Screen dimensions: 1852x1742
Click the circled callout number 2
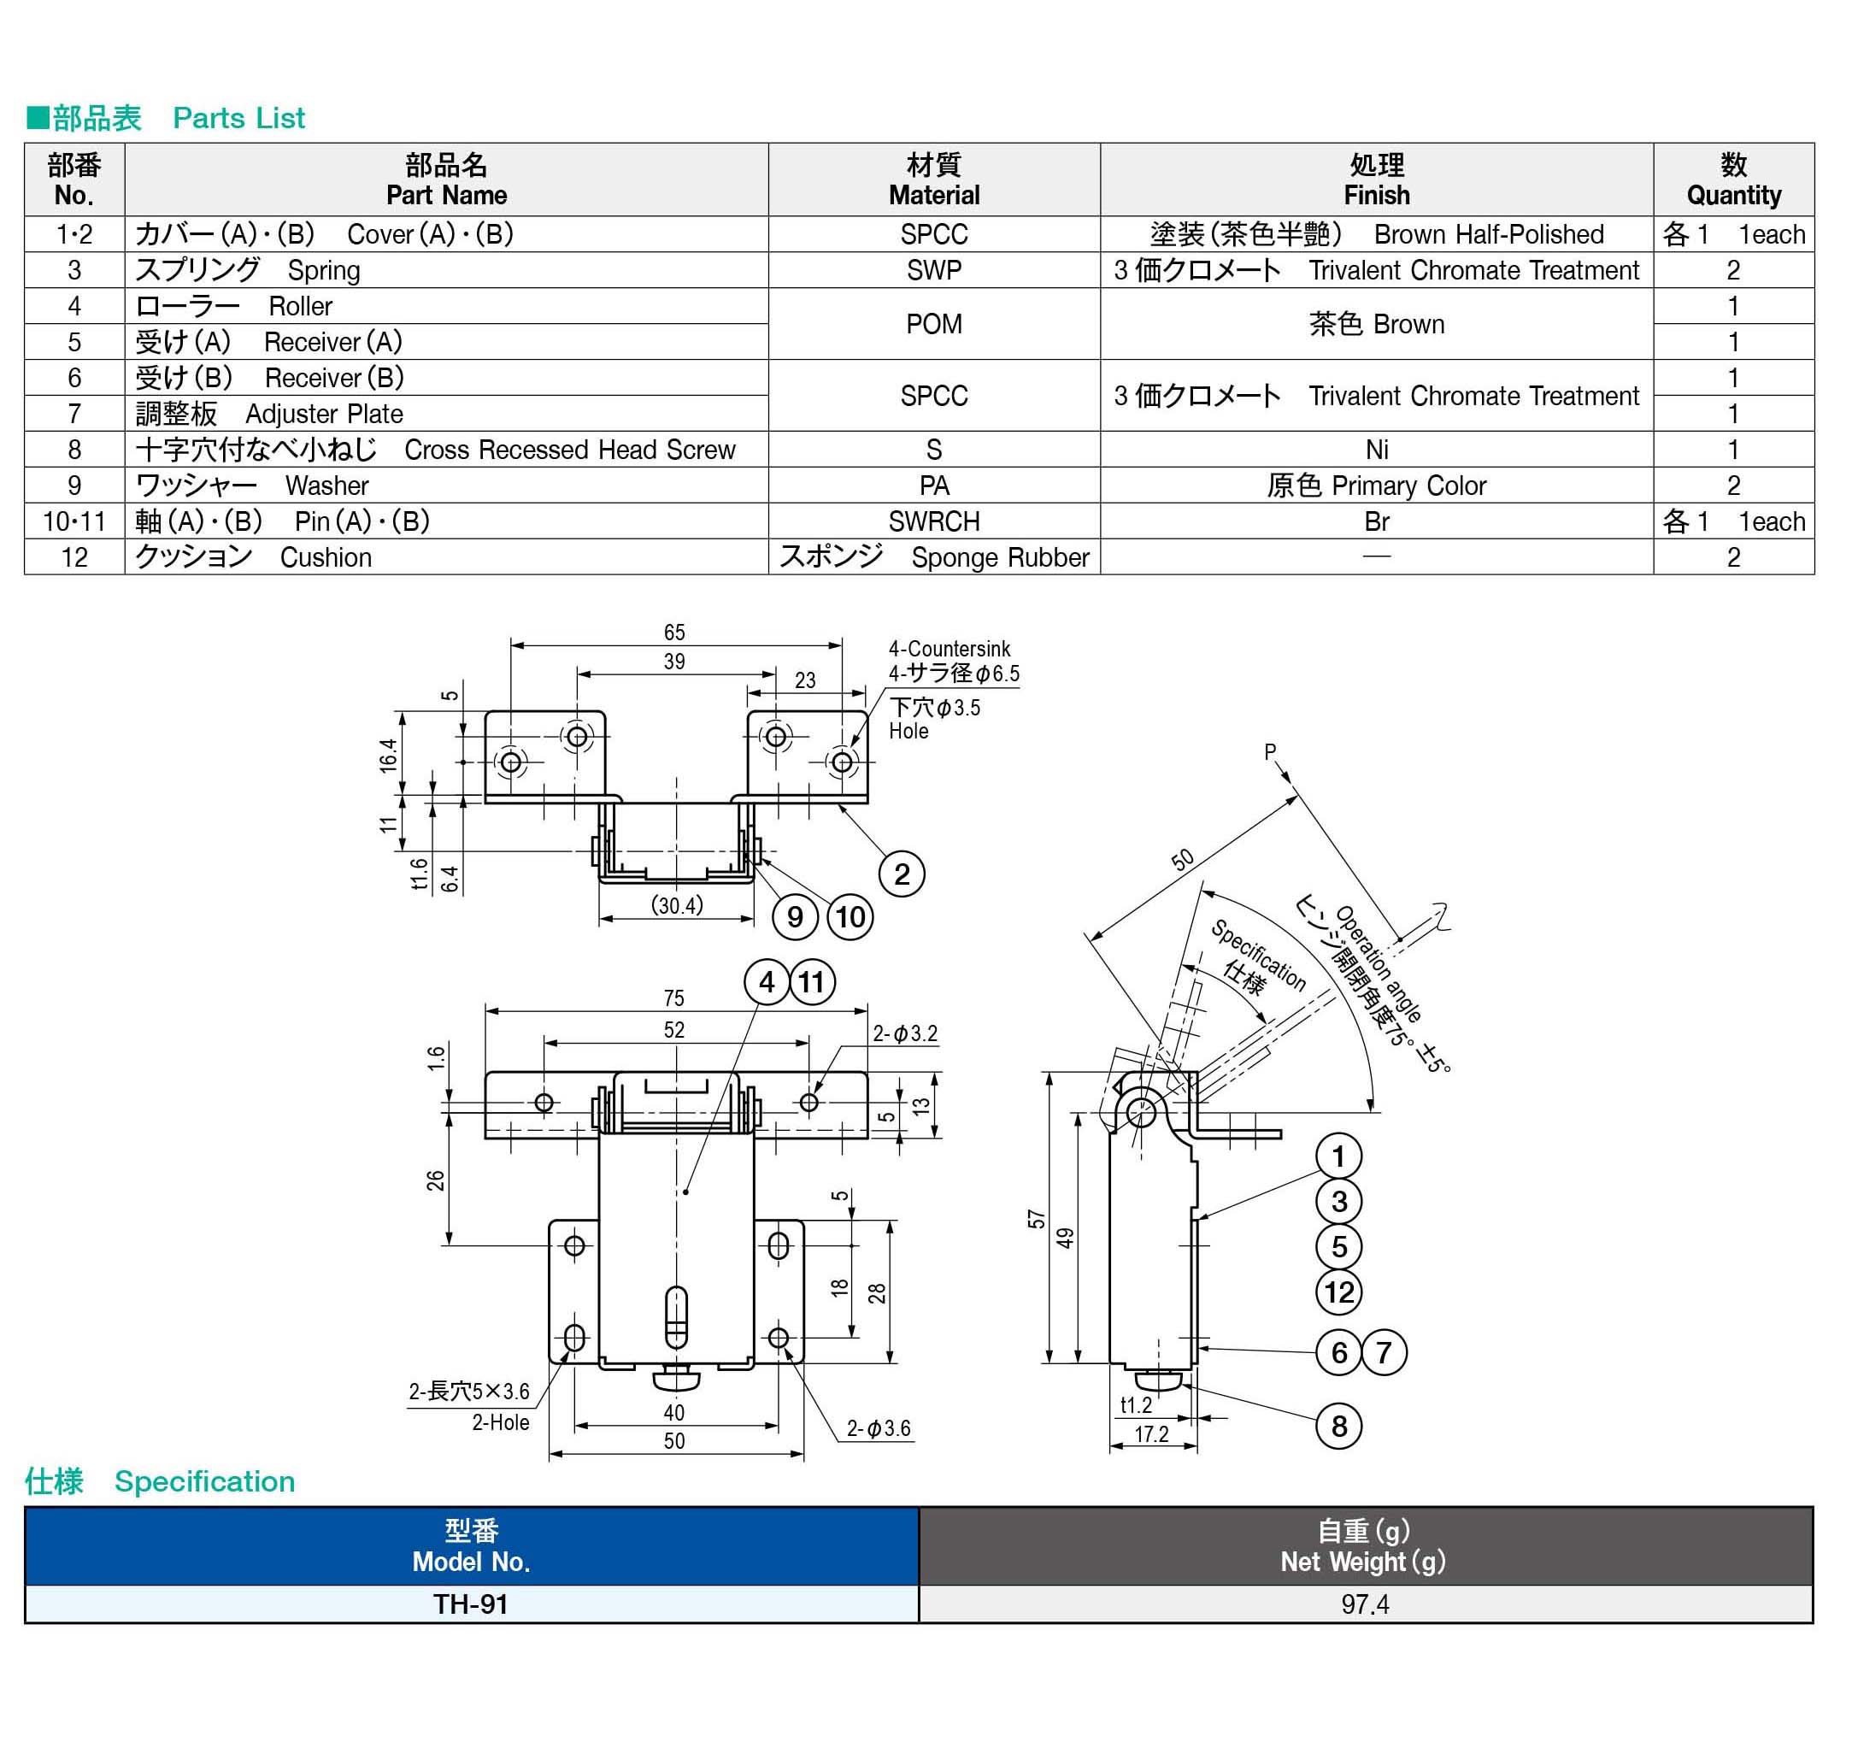click(901, 874)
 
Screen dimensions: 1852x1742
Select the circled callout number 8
click(1338, 1425)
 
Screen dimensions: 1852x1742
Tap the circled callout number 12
click(1338, 1292)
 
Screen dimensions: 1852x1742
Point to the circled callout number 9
click(795, 917)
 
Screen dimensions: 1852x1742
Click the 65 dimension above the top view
click(674, 633)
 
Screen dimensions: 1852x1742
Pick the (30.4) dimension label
click(677, 904)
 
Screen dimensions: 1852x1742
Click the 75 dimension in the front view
click(673, 998)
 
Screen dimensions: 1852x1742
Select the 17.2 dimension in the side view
click(1151, 1433)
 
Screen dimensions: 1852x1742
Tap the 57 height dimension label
click(1036, 1220)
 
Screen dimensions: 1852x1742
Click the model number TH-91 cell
click(472, 1604)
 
